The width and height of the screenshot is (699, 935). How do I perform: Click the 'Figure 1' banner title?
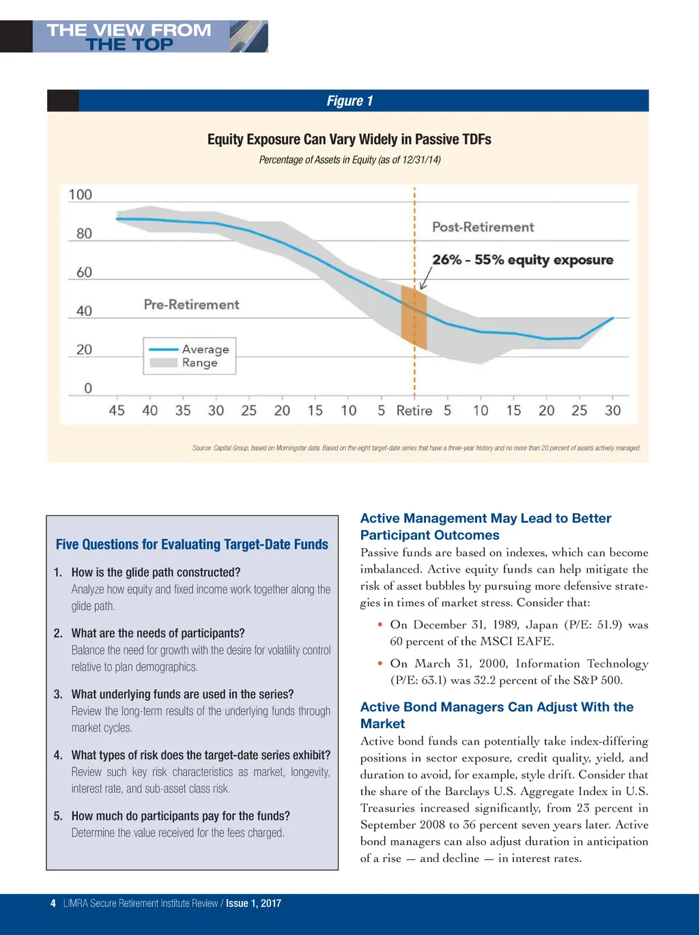point(349,101)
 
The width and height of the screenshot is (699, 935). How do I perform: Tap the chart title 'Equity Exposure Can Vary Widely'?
point(349,139)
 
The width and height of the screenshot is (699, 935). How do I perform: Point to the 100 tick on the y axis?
point(81,195)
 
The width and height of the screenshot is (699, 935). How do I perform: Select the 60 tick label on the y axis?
point(84,272)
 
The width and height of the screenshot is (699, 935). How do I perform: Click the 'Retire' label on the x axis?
point(414,411)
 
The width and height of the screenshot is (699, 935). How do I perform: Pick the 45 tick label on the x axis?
point(117,411)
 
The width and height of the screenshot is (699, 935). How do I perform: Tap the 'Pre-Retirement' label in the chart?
point(191,304)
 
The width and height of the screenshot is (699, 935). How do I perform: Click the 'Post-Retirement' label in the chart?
point(483,227)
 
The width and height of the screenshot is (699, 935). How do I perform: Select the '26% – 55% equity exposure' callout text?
point(522,260)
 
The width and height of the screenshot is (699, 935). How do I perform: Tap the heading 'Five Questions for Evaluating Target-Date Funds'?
point(192,545)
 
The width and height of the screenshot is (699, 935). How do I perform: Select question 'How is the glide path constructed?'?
point(156,573)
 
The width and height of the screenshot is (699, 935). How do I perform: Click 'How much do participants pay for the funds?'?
point(180,816)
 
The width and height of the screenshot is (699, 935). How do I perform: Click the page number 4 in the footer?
point(53,904)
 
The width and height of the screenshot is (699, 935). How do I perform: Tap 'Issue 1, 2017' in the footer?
point(253,904)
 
